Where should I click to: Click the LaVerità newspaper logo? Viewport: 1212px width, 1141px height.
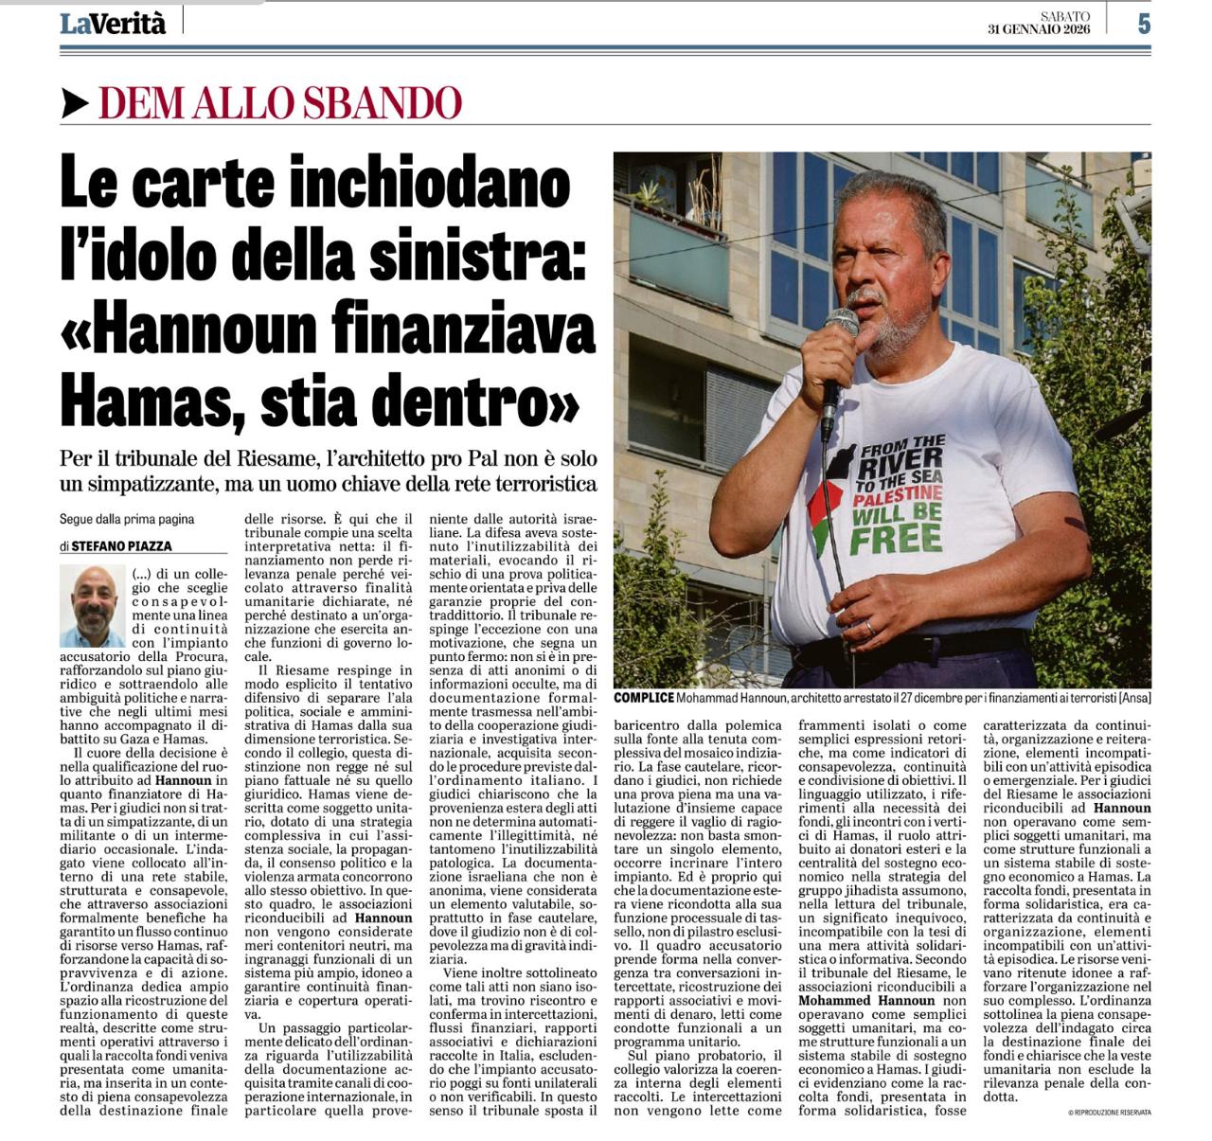tap(113, 24)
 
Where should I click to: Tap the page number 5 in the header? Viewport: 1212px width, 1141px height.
tap(1144, 24)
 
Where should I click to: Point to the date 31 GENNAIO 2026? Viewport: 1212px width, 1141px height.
tap(1039, 29)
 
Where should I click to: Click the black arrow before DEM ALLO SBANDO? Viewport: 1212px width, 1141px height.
tap(75, 103)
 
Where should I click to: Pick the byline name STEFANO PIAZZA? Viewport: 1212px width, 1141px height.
tap(121, 545)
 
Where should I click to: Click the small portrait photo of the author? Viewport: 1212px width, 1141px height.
tap(92, 605)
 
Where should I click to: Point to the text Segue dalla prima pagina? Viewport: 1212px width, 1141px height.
tap(126, 519)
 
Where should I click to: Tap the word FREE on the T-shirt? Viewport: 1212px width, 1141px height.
tap(896, 538)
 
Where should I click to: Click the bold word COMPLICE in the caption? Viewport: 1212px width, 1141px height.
tap(644, 698)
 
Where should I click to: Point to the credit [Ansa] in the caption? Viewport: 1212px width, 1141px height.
tap(1133, 698)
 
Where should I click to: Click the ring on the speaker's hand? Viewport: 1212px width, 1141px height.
tap(870, 627)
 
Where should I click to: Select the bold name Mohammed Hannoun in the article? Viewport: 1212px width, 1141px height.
tap(868, 1000)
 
